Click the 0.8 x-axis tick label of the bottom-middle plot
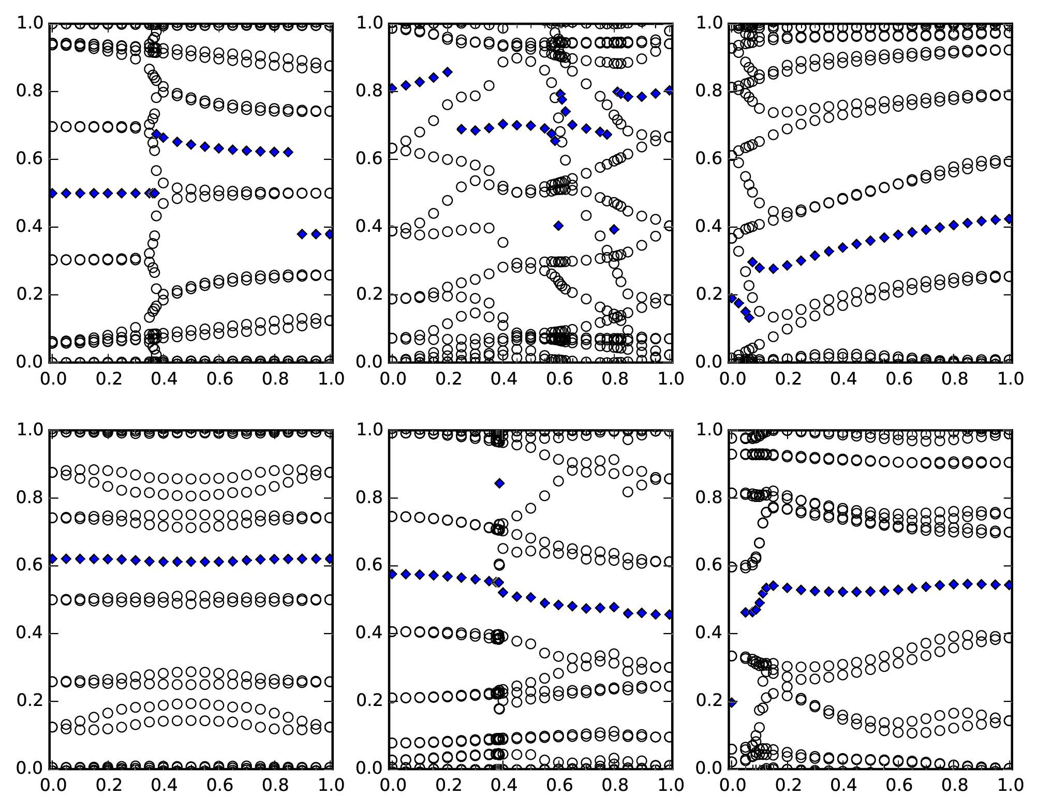tap(614, 785)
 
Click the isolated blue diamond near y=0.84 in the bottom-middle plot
tap(499, 483)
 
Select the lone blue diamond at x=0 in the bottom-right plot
tap(731, 702)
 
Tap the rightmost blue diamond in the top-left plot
tap(330, 234)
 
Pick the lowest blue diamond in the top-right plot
tap(749, 317)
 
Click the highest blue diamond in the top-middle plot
tap(448, 72)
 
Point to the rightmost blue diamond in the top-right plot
tap(1009, 219)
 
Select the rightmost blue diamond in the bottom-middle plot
tap(669, 614)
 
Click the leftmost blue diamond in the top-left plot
tap(52, 193)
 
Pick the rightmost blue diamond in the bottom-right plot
tap(1009, 585)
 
